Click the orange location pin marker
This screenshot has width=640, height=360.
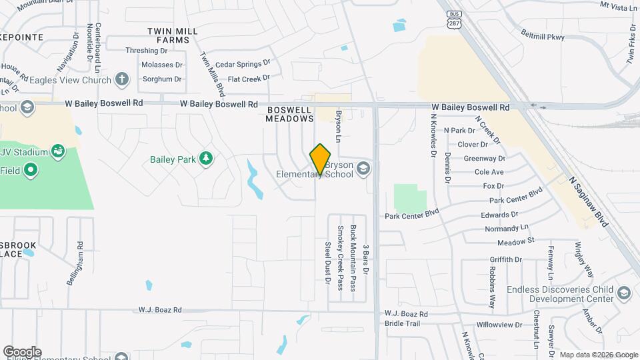click(320, 158)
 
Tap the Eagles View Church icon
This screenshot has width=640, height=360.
click(121, 80)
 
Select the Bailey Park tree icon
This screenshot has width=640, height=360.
click(207, 157)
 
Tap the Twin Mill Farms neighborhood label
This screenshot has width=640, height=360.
click(169, 35)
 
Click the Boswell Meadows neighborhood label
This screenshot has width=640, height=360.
click(289, 113)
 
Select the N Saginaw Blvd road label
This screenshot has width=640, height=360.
click(589, 201)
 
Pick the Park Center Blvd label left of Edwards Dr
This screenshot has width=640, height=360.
click(412, 215)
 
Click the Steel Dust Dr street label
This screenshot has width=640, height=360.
click(327, 263)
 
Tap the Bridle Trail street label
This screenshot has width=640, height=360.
click(402, 323)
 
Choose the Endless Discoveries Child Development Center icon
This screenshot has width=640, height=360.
click(623, 293)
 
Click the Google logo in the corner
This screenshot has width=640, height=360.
click(22, 351)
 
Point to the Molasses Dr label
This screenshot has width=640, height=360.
click(161, 65)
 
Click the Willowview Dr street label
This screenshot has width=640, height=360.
click(500, 325)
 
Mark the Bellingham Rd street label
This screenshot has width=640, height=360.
click(74, 263)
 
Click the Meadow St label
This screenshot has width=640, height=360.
click(516, 241)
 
